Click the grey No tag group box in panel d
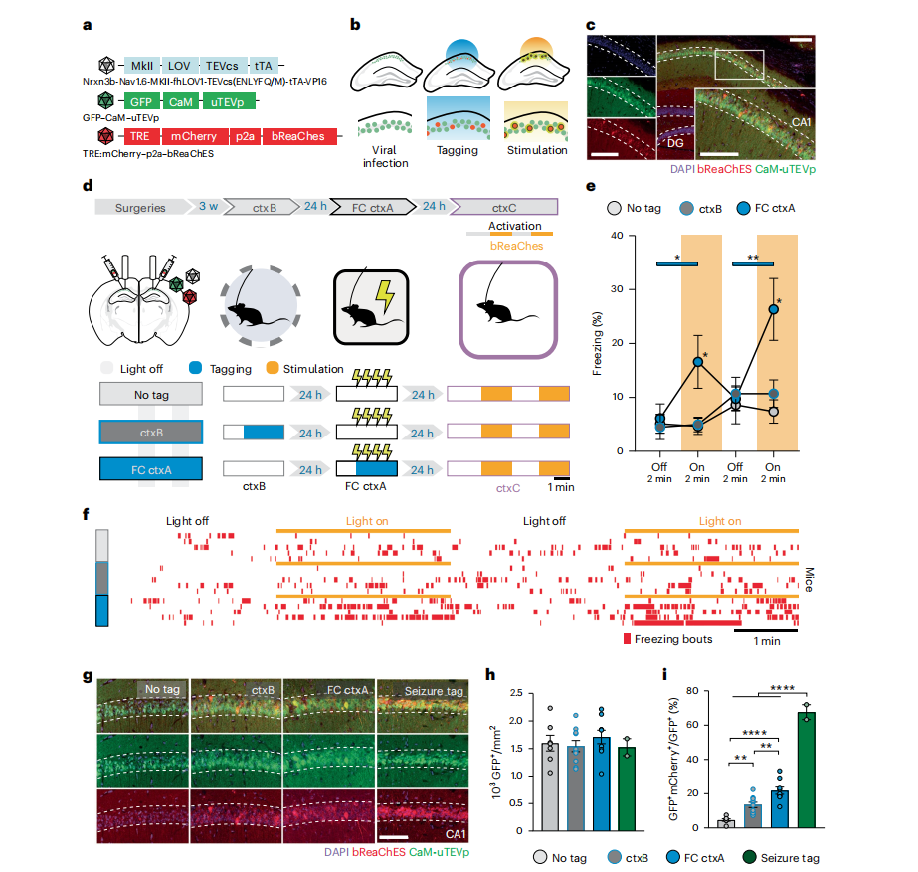coord(150,394)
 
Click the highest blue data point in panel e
coord(772,309)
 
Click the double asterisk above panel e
coord(753,256)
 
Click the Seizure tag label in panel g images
coord(431,689)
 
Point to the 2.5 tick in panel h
coord(522,692)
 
